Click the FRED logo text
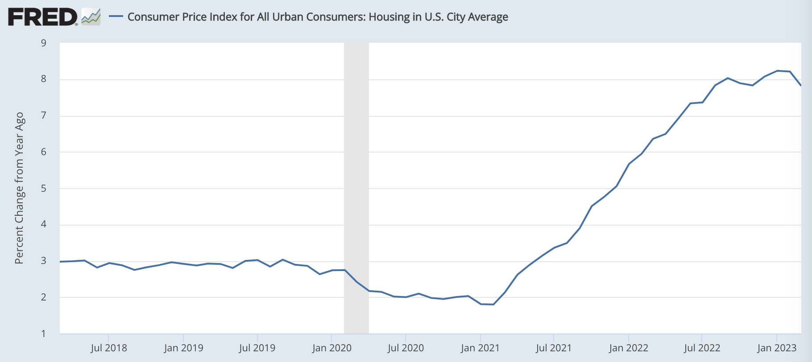(42, 17)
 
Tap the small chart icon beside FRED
(91, 17)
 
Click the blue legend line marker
(116, 16)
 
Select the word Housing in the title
(387, 17)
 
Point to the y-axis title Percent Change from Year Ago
(19, 188)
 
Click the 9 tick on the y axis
(44, 43)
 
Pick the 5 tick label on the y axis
(44, 189)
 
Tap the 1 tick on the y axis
(44, 333)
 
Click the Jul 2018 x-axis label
(109, 348)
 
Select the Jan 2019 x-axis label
(183, 348)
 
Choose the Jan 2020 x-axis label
(331, 348)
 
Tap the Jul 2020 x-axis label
(406, 348)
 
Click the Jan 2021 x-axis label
(480, 348)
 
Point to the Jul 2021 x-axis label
(554, 348)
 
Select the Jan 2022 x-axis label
(628, 348)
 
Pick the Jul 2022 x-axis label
(702, 348)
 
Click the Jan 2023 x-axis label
(777, 348)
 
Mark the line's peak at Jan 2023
(777, 70)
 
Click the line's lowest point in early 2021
(493, 304)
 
